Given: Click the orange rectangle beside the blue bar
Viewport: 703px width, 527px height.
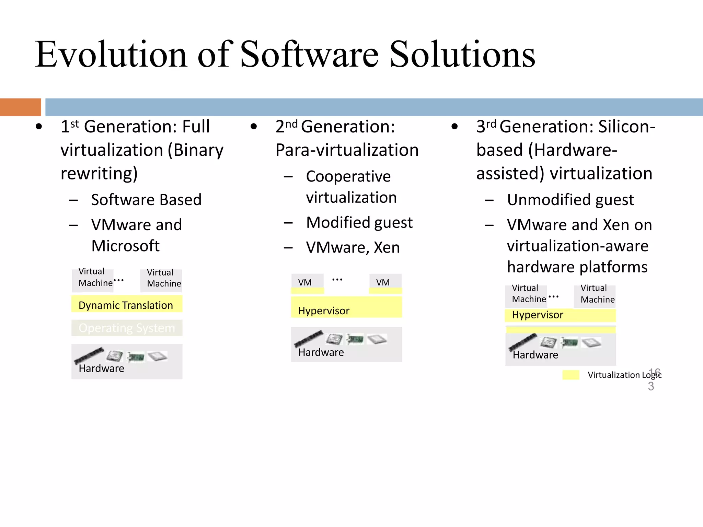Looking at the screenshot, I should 20,107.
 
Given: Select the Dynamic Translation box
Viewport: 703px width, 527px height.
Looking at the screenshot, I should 126,304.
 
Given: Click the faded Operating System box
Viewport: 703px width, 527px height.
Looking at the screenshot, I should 126,328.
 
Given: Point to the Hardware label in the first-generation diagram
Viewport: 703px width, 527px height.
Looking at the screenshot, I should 101,368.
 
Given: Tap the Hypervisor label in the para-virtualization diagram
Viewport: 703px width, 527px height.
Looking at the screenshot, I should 324,311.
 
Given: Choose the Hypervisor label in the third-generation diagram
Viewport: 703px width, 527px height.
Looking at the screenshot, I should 538,315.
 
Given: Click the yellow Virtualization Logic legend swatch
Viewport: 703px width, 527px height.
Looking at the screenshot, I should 571,375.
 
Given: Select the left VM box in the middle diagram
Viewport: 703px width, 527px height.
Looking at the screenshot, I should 307,282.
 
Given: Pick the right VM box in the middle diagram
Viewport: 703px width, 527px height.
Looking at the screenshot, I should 384,282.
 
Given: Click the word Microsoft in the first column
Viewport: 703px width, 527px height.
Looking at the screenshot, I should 125,246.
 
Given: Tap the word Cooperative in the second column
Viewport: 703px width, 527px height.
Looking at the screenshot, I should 348,177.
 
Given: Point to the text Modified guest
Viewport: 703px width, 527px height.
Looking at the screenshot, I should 359,223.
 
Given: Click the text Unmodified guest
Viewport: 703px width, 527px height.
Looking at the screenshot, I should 570,200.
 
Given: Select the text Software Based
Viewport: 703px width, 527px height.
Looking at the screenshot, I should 146,200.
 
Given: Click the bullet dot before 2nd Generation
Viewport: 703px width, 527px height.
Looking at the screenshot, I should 254,127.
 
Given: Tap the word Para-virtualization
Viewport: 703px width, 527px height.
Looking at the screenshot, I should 347,150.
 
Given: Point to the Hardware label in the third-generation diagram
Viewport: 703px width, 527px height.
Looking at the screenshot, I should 535,355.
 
